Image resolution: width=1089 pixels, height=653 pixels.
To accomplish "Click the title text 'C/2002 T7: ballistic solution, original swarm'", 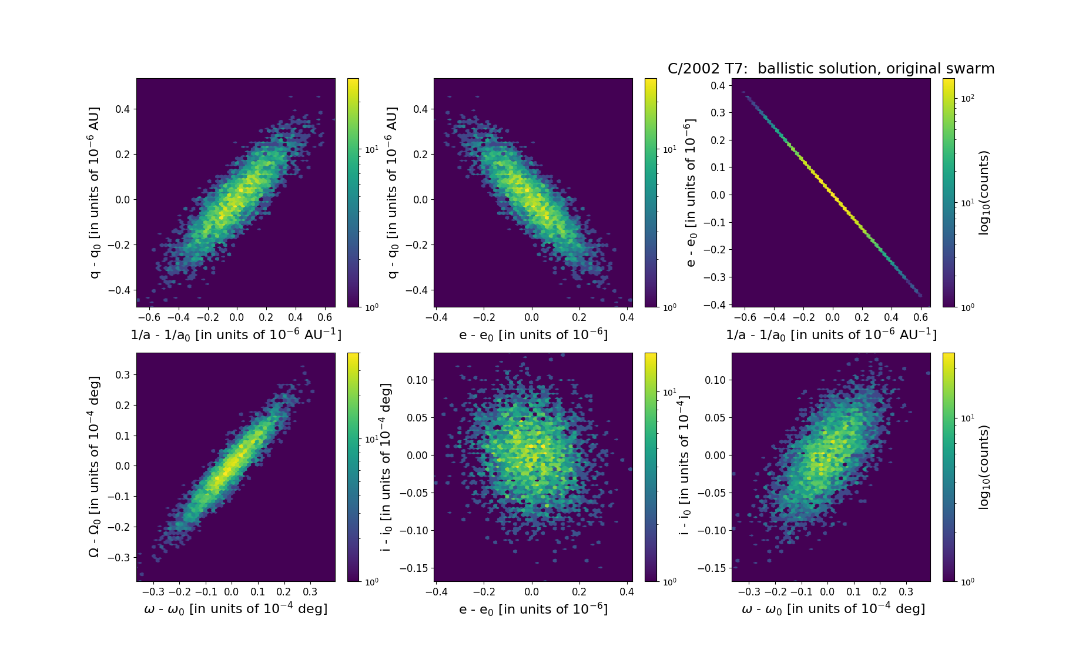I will coord(830,69).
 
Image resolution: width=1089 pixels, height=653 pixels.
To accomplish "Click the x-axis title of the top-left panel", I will coord(236,334).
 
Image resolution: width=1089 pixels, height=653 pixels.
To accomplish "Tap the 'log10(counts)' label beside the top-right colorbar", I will coord(984,193).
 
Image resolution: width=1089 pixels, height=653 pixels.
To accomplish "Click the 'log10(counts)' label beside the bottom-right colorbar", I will coord(984,467).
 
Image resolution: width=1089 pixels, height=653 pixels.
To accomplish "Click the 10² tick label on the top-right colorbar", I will coord(967,98).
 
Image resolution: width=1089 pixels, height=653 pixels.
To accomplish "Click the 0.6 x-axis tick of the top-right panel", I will coord(921,317).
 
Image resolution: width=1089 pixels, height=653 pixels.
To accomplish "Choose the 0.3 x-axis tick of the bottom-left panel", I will coord(310,592).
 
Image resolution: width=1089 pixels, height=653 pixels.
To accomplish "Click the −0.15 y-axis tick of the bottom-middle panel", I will coord(414,568).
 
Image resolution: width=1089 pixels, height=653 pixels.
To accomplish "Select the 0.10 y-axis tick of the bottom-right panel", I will coord(715,380).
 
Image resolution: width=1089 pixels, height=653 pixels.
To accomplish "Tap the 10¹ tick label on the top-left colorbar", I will coord(371,149).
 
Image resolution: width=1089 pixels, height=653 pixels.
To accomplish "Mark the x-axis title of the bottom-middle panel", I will coord(533,609).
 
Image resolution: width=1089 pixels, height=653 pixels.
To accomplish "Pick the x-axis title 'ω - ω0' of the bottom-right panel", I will coord(833,609).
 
